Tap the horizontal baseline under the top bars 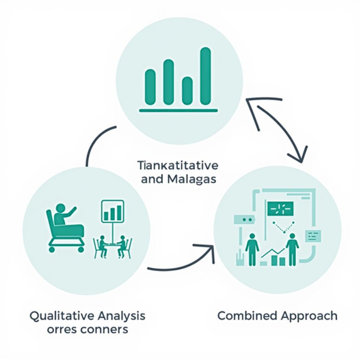178,111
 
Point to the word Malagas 192,179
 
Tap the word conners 105,329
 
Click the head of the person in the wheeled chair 60,208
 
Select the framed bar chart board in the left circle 112,211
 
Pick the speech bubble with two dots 243,219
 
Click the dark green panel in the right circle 280,208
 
